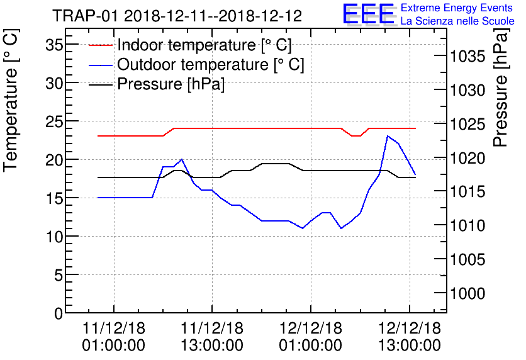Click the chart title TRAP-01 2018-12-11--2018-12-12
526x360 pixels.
[x=177, y=16]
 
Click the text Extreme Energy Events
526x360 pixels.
[x=457, y=8]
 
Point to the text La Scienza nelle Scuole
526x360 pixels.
[x=457, y=21]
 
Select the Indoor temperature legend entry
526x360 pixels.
[x=204, y=45]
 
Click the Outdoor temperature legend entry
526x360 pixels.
[x=210, y=65]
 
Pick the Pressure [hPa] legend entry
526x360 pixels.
[x=171, y=84]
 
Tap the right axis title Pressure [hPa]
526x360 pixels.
[x=501, y=91]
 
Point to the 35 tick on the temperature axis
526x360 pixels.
[x=54, y=45]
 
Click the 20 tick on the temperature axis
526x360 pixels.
[x=54, y=160]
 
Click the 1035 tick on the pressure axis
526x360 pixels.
[x=468, y=57]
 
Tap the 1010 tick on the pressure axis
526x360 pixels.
[x=468, y=225]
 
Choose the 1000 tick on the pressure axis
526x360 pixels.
[x=468, y=293]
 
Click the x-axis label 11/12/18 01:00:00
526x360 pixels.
[x=114, y=337]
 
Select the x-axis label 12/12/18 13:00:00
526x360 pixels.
[x=410, y=337]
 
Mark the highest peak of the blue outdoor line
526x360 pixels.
[x=388, y=136]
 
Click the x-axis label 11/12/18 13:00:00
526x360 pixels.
[x=212, y=337]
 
